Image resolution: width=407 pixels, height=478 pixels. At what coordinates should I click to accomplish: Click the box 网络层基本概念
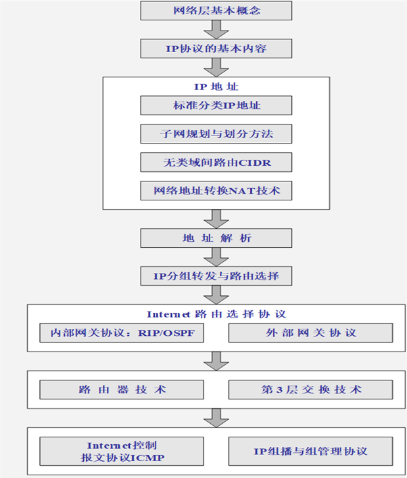216,11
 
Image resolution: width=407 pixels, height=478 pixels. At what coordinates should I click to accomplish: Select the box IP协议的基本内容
216,49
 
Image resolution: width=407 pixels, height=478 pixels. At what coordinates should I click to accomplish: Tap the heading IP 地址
216,87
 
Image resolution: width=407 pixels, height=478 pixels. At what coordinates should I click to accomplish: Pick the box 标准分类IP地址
216,106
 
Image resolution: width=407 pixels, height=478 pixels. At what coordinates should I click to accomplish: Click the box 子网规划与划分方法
216,134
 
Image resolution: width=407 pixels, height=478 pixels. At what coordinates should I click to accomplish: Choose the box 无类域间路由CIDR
216,162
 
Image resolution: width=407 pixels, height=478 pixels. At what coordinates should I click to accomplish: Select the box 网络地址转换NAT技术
216,191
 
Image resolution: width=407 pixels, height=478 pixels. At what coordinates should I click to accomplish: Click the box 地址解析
216,238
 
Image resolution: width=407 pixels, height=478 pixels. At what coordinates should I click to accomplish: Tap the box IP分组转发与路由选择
216,276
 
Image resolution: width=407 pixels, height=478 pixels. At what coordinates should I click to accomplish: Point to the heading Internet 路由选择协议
216,315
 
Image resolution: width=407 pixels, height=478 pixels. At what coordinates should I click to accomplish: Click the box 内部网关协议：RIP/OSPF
122,333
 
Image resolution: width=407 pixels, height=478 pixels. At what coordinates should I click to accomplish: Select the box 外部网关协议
310,333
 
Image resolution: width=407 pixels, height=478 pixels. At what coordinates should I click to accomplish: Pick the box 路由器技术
122,389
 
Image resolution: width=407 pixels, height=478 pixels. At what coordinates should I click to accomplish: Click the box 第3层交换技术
310,389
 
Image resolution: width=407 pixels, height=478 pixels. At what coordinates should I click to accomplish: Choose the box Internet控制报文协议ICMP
122,451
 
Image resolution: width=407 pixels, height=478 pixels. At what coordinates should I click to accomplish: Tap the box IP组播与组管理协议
310,451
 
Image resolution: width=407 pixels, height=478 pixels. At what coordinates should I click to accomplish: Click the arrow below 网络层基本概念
216,30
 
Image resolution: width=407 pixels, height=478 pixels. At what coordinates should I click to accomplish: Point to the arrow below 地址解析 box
216,257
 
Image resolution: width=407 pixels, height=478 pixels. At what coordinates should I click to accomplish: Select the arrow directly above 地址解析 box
216,219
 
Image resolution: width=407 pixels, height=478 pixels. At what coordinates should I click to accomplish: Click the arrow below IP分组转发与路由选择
216,295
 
